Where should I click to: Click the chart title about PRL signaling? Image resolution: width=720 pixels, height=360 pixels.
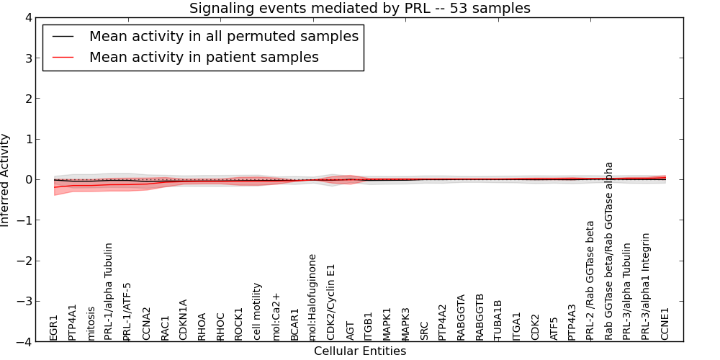360,9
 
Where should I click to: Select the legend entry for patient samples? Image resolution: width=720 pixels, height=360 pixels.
204,57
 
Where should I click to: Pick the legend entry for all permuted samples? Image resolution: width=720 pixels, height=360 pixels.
223,36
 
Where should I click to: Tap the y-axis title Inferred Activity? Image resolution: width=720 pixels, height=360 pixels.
6,180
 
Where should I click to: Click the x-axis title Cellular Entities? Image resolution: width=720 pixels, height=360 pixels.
360,351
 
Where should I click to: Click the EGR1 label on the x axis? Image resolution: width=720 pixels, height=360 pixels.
54,327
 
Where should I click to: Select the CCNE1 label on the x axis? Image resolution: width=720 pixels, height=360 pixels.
665,323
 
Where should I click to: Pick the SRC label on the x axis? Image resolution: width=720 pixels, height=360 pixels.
424,330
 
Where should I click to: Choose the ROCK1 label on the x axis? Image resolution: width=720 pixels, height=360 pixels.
238,323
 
